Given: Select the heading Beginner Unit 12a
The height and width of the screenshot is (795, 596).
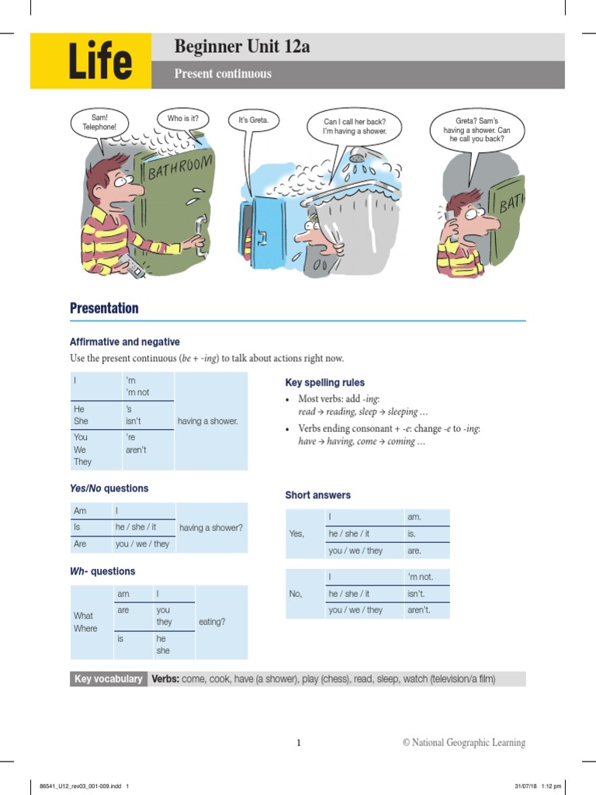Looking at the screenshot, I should tap(241, 47).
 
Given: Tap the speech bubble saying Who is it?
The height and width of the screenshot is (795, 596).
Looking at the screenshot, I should tap(182, 120).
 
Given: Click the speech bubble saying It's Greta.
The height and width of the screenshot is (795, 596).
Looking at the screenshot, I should tap(253, 121).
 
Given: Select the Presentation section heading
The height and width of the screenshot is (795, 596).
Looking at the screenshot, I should tap(104, 308).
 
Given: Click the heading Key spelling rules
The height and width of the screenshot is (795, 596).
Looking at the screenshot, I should tap(324, 383).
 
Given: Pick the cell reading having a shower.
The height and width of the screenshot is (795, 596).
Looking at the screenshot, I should tap(208, 421).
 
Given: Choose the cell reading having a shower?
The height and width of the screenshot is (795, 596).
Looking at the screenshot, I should tap(211, 528).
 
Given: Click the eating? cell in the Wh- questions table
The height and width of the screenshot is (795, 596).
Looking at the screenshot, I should tap(212, 622).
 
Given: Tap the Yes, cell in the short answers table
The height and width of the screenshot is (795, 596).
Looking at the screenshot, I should tap(296, 533).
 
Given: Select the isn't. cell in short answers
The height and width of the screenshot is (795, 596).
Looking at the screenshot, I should tap(418, 594).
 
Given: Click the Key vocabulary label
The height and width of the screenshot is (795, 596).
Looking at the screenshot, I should tap(108, 679).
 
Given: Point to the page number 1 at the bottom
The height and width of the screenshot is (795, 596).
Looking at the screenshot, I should tap(298, 743).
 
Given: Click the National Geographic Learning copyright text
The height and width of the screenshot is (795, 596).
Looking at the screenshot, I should tap(463, 743).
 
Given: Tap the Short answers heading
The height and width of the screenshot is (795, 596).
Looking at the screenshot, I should tap(317, 495).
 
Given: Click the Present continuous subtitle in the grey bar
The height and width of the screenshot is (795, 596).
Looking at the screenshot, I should tap(223, 75).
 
